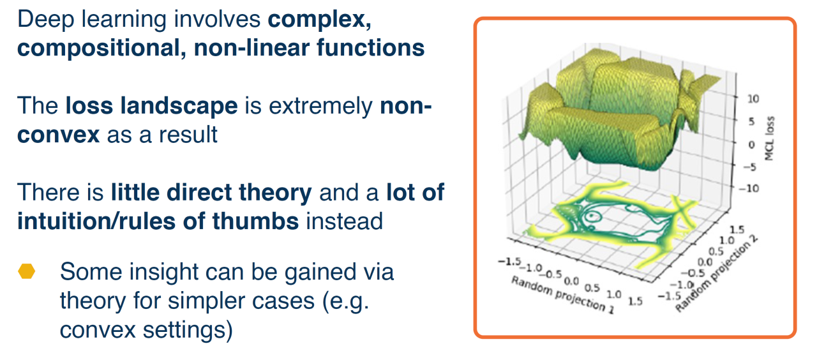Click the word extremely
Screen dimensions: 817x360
click(x=320, y=107)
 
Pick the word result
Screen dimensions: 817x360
click(x=187, y=135)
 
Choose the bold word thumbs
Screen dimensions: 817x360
click(x=255, y=221)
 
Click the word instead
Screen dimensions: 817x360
click(x=344, y=221)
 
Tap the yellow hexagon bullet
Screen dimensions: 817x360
click(x=27, y=271)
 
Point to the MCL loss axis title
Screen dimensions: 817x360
click(x=769, y=139)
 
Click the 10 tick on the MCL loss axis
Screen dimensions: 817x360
click(x=753, y=98)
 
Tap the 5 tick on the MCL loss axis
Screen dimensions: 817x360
click(x=751, y=121)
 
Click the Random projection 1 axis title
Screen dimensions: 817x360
click(x=562, y=295)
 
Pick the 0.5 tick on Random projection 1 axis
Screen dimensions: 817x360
click(x=592, y=288)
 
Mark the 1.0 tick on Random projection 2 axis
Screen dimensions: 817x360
click(x=727, y=241)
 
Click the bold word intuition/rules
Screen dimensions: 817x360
click(x=96, y=221)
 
